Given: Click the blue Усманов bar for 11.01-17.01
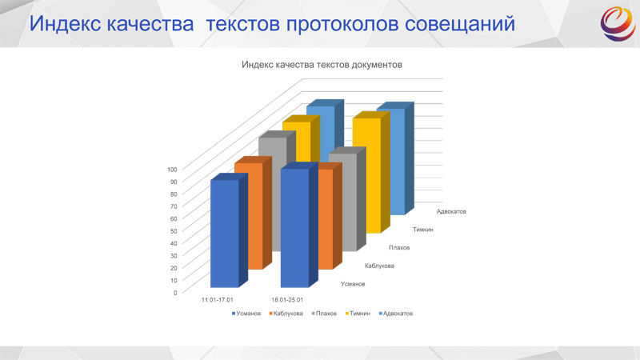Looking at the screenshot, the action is coord(225,233).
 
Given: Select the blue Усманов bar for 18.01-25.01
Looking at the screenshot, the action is coord(294,227).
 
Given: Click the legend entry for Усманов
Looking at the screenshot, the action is coord(246,314).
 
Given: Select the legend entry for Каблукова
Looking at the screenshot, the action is coord(286,314).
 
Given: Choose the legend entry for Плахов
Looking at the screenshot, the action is coord(324,314).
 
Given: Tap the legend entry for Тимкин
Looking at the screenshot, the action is coord(358,314).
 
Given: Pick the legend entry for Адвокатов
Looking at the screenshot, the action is coord(396,314).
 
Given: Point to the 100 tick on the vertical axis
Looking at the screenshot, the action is coord(172,170).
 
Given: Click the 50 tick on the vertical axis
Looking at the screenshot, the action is coord(174,231).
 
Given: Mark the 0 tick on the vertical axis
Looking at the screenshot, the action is coord(175,293).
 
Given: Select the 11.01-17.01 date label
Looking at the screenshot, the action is coord(217,299).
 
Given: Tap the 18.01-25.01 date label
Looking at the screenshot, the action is coord(287,299).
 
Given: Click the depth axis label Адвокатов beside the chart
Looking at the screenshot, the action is coord(451,211).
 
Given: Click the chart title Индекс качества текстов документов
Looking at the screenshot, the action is coord(322,65).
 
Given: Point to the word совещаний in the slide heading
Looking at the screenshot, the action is coord(460,24).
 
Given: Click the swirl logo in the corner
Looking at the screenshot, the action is coord(618,24).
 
